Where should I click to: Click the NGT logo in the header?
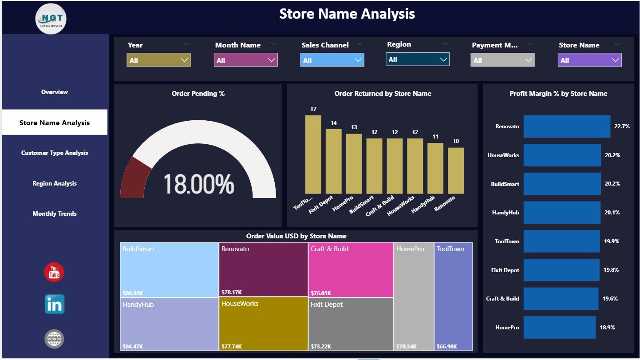(51, 18)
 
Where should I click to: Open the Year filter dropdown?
(158, 60)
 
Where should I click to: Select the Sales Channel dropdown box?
(332, 60)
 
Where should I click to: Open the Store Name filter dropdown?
(589, 60)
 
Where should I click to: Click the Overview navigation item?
(55, 92)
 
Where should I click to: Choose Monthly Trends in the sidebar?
(55, 214)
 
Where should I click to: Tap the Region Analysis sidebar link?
(55, 184)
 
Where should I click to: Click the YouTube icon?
(54, 272)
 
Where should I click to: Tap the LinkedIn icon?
(54, 305)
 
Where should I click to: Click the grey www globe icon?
(54, 339)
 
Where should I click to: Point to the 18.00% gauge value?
(198, 184)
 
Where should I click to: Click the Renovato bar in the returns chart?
(455, 170)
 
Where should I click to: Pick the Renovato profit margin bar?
(567, 127)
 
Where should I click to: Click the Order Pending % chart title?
(198, 94)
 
